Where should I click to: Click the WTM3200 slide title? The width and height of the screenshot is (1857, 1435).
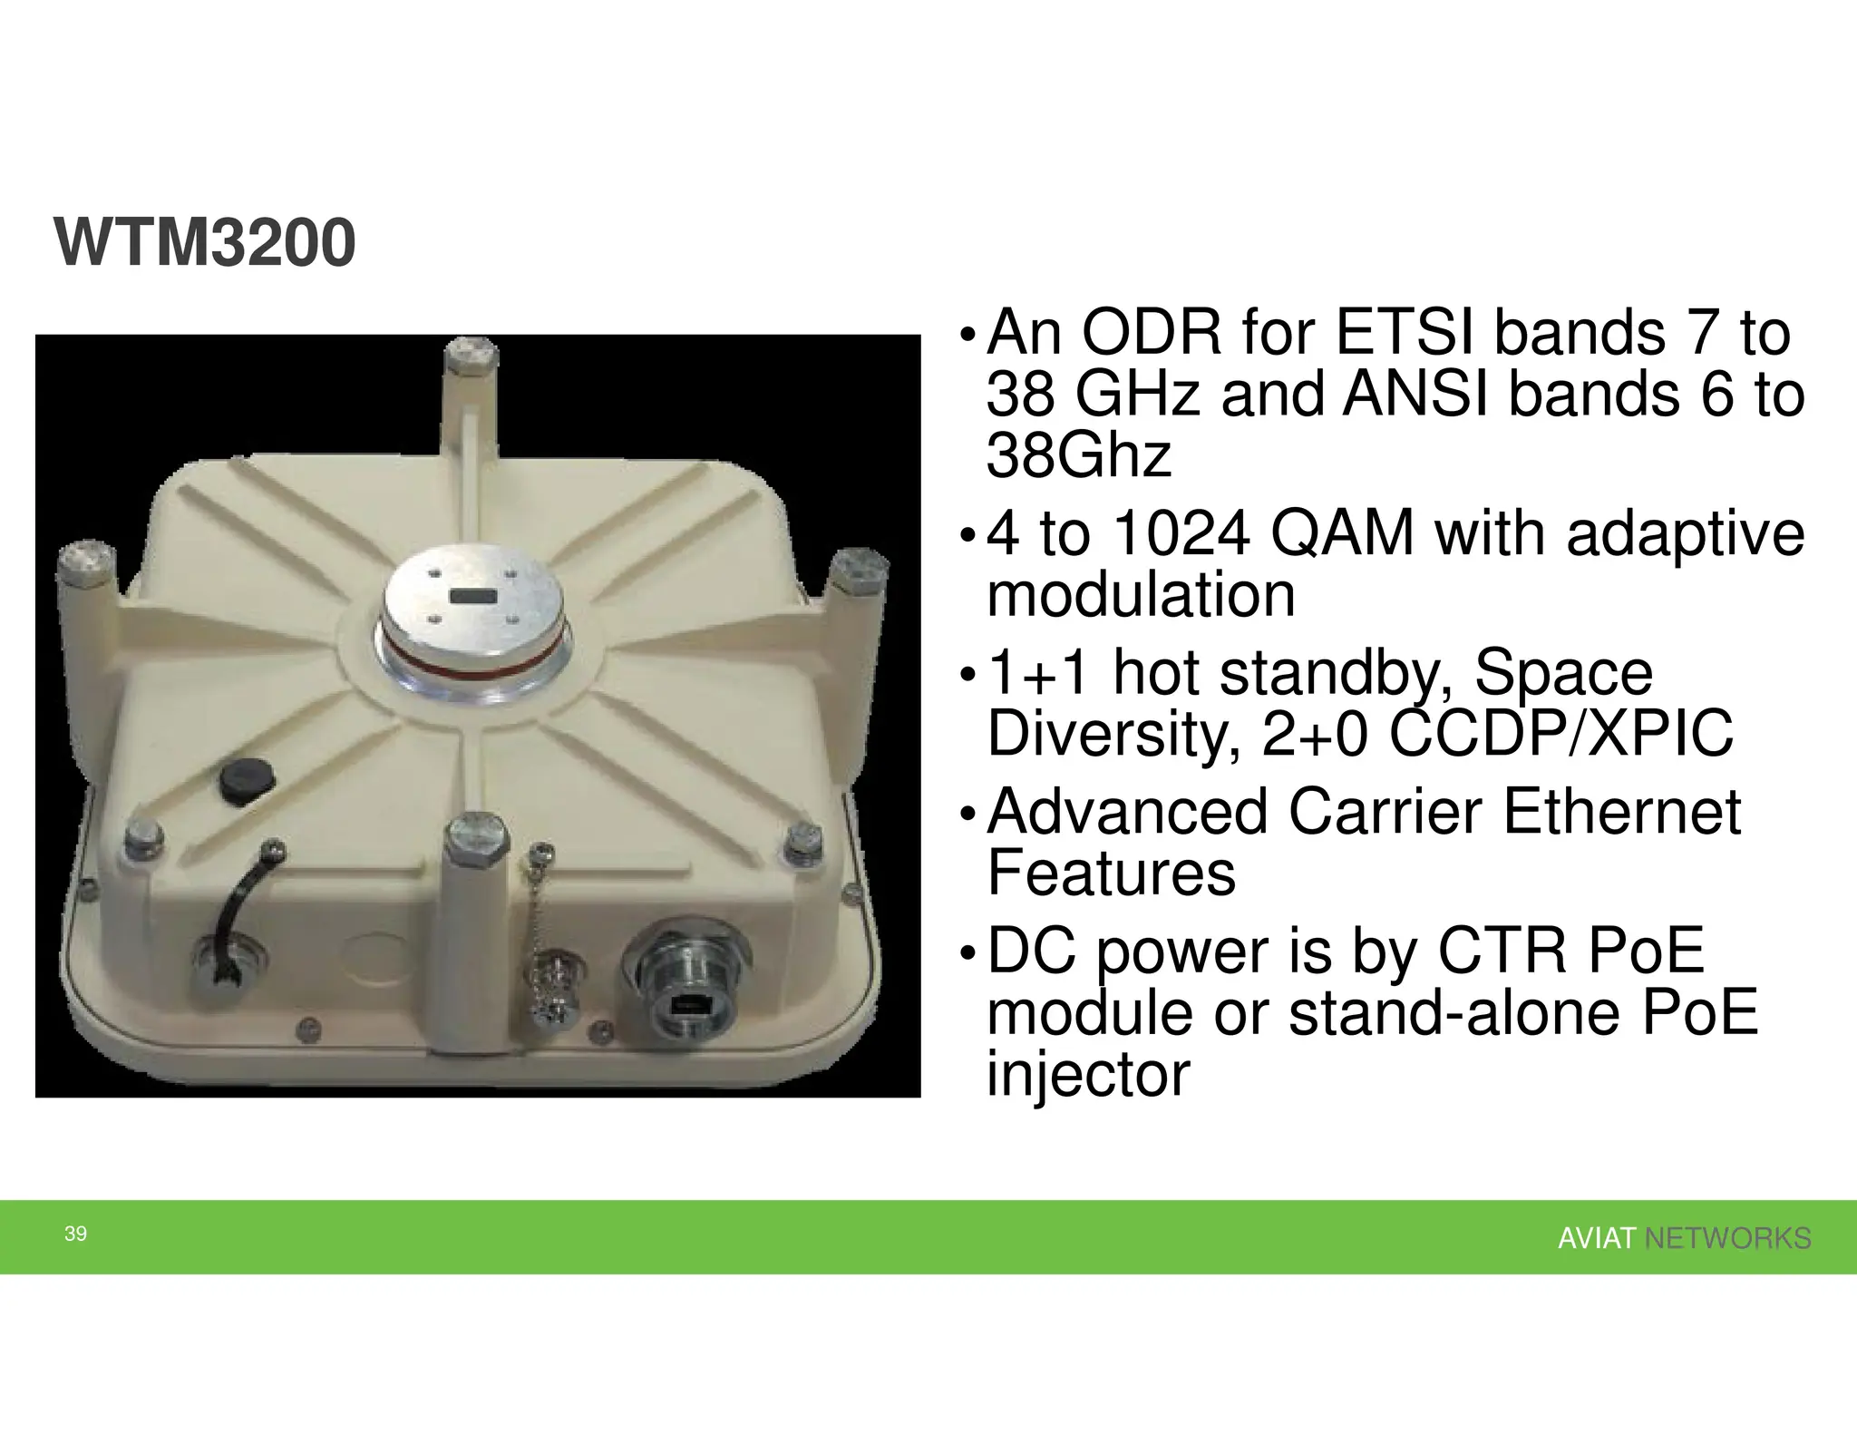[205, 244]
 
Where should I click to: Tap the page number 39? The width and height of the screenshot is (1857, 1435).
[76, 1234]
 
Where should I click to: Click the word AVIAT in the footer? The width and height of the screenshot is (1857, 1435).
[1596, 1238]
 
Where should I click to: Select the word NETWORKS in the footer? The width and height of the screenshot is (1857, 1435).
[1727, 1238]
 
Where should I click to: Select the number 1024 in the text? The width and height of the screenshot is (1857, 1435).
[1181, 533]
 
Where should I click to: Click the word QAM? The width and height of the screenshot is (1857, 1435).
[1341, 533]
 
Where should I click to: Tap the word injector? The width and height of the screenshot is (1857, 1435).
[1087, 1075]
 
